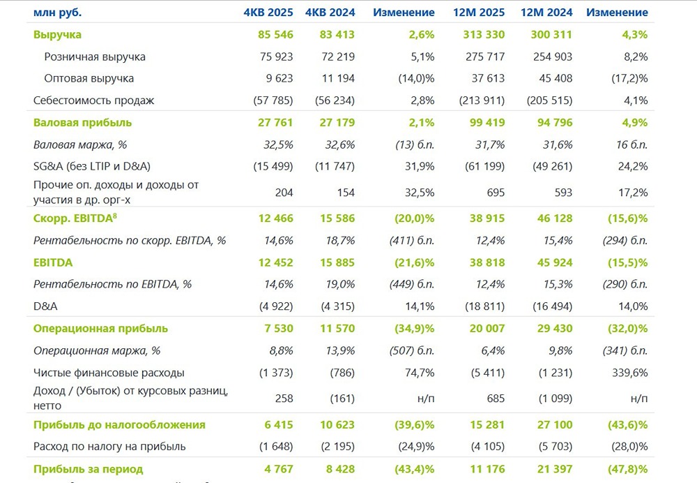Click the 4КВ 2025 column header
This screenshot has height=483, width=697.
[268, 13]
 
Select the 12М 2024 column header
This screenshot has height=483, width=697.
[546, 13]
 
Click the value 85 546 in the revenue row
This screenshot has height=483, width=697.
[275, 34]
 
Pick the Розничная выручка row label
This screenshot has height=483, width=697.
[95, 57]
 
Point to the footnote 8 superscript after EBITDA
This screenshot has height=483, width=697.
[115, 216]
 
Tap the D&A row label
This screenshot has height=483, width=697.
[45, 306]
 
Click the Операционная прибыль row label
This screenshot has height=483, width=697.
[101, 328]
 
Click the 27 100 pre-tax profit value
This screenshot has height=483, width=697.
[554, 424]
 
